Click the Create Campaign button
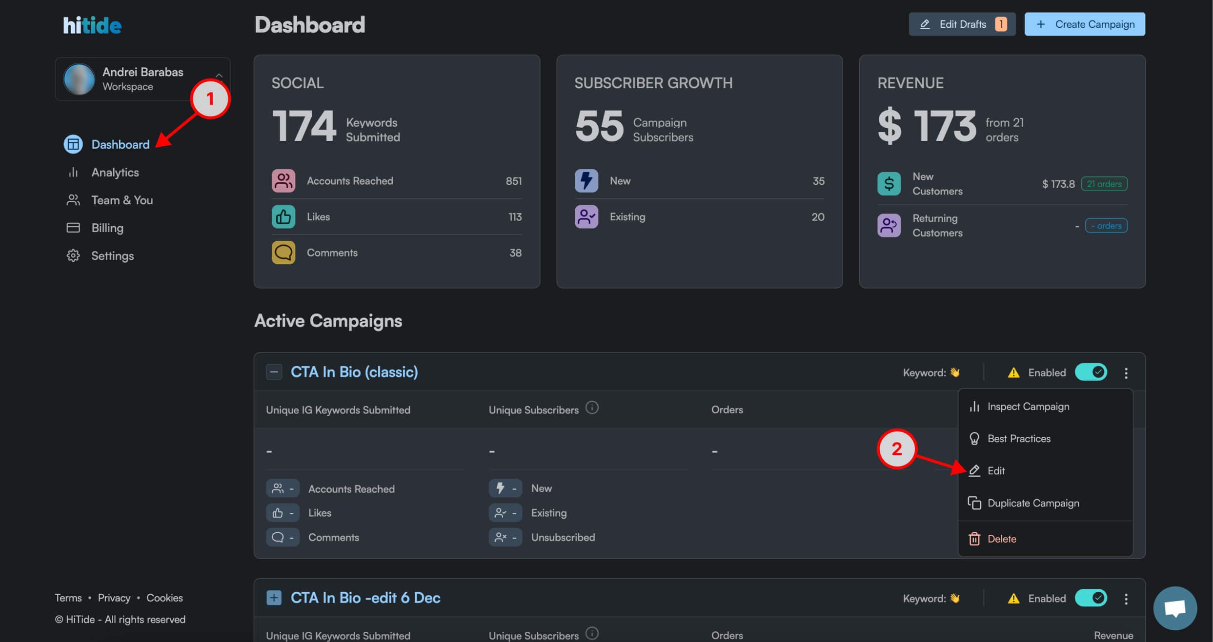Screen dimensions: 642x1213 click(1084, 24)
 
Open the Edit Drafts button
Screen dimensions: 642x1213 click(962, 24)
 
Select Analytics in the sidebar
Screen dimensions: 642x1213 click(115, 173)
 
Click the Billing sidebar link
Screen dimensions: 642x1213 click(107, 228)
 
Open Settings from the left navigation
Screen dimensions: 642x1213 click(112, 256)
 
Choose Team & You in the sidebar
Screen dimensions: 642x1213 click(122, 200)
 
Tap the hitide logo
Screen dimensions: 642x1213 click(92, 25)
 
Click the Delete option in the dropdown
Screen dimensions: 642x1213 click(1001, 539)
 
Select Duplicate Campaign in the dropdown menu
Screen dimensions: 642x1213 click(1032, 503)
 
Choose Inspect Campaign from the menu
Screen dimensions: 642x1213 click(1028, 407)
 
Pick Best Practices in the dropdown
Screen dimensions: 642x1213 click(1018, 439)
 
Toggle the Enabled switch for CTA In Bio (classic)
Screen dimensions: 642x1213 click(1091, 372)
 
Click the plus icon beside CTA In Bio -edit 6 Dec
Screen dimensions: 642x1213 click(274, 598)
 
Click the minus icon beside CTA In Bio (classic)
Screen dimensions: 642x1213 click(274, 372)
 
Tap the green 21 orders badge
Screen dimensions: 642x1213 click(1104, 184)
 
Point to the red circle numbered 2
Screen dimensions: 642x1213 click(896, 449)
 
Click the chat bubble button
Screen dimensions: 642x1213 click(1175, 608)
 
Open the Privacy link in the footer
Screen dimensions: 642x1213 click(114, 598)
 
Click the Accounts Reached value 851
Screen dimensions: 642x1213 click(513, 181)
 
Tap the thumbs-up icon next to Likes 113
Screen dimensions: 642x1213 click(283, 217)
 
